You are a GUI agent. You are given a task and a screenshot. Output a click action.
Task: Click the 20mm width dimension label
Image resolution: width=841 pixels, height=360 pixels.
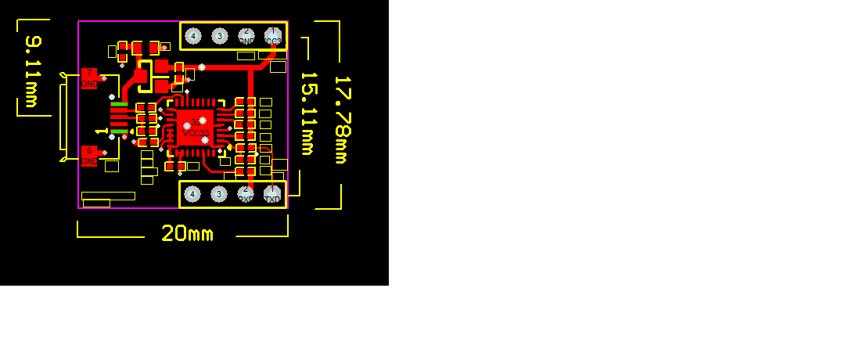[187, 233]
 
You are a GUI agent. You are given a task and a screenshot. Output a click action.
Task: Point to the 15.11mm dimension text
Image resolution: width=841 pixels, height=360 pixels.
[307, 113]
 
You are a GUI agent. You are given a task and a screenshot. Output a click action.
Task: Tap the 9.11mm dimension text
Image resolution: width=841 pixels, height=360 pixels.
[32, 71]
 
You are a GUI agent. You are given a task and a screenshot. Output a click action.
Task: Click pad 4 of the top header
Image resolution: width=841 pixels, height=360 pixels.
[192, 36]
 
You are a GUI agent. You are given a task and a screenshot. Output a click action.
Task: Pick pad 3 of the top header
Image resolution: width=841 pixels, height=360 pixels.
[220, 36]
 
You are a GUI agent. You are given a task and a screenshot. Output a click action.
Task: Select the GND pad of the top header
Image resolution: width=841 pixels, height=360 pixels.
[246, 36]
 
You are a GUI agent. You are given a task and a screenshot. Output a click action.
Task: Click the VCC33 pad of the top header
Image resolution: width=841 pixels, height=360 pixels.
[273, 36]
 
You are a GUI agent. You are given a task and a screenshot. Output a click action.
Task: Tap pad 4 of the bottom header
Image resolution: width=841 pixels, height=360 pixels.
[192, 194]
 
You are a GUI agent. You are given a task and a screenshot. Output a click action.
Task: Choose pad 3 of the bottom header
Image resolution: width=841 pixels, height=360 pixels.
[220, 194]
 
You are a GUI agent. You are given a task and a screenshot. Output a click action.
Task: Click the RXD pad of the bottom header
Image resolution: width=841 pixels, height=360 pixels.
[246, 194]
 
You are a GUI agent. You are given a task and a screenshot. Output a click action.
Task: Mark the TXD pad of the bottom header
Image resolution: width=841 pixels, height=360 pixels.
[272, 194]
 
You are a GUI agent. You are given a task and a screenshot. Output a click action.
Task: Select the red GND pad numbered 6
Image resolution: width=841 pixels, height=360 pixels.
[89, 156]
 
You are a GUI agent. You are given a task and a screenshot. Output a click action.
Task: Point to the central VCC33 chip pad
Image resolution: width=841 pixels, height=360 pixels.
[195, 128]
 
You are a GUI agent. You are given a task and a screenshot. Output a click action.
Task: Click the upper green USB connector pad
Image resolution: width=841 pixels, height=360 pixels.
[119, 104]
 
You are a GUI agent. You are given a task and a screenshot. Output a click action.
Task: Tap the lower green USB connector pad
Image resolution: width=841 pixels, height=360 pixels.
[119, 131]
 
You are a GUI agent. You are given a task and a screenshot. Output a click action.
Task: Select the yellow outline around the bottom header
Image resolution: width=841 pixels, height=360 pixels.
[234, 207]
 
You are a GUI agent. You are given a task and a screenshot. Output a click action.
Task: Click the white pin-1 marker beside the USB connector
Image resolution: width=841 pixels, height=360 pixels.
[99, 131]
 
